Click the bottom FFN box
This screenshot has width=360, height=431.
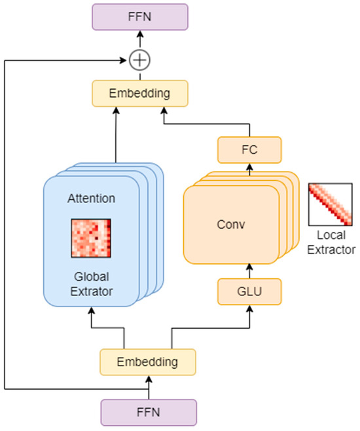pyautogui.click(x=149, y=413)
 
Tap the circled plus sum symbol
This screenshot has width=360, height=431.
pyautogui.click(x=139, y=60)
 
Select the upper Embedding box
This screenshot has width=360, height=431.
pyautogui.click(x=139, y=93)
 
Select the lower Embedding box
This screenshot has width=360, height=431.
pyautogui.click(x=148, y=361)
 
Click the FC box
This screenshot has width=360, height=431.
pyautogui.click(x=249, y=150)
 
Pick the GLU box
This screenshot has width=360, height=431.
pyautogui.click(x=249, y=290)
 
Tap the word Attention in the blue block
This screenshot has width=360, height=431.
pyautogui.click(x=92, y=197)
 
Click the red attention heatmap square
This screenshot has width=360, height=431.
pyautogui.click(x=92, y=238)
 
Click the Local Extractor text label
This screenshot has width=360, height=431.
pyautogui.click(x=330, y=242)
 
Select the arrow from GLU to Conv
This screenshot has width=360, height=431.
pyautogui.click(x=249, y=269)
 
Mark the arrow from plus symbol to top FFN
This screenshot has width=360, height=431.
pyautogui.click(x=139, y=41)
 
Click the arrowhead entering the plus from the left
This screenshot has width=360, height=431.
pyautogui.click(x=126, y=60)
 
